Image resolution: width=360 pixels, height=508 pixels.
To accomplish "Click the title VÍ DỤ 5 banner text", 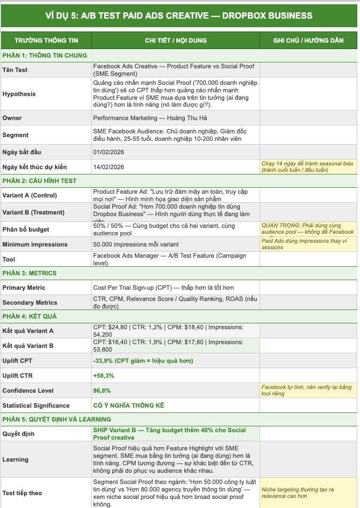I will click(x=179, y=15).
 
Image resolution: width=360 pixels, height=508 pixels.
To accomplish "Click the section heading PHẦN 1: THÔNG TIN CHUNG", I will click(x=44, y=55).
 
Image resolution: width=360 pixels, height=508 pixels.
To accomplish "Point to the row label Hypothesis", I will click(x=19, y=94).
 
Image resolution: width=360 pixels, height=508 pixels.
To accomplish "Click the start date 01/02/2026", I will click(x=108, y=152).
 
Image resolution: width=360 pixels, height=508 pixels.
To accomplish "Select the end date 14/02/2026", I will click(x=108, y=167).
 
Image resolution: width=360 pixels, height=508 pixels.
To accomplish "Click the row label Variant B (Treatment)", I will click(x=33, y=212).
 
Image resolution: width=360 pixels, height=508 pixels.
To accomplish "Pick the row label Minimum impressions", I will click(x=35, y=244).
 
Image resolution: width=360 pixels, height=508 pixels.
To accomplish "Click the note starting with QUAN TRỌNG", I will click(x=307, y=228).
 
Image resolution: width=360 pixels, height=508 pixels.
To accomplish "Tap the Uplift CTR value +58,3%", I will click(x=104, y=376).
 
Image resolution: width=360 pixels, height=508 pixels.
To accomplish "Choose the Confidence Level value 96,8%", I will click(x=102, y=391).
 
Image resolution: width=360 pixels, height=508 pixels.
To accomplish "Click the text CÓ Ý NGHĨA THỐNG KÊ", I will click(x=128, y=406).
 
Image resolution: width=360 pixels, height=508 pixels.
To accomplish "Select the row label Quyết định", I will click(x=18, y=434).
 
